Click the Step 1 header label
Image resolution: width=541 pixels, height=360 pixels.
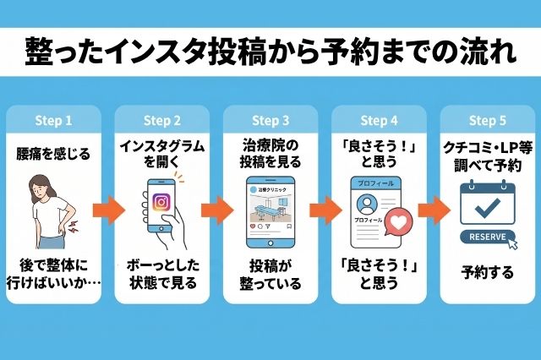coord(52,120)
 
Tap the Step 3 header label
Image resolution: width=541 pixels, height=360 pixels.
coord(270,120)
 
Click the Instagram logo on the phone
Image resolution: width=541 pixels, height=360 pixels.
coord(161,202)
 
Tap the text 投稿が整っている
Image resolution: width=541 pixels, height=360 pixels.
coord(270,273)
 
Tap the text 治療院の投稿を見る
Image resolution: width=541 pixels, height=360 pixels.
coord(270,153)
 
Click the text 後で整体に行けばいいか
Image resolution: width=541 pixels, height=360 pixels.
coord(52,273)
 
